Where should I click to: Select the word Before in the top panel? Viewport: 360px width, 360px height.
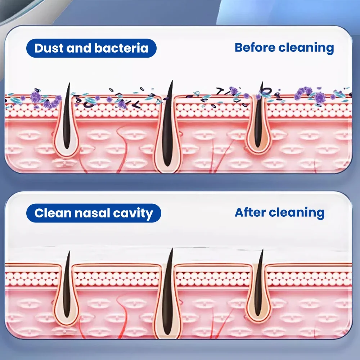point(254,48)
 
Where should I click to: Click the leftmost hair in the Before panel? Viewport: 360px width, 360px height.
point(67,119)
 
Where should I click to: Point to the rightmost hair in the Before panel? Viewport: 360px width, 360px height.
point(259,115)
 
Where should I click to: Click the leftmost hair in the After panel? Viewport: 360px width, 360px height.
point(67,284)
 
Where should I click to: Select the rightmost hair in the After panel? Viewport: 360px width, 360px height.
point(259,284)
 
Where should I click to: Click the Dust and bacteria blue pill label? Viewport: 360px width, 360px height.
point(91,48)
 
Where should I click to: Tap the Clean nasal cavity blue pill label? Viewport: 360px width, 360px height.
point(94,213)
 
